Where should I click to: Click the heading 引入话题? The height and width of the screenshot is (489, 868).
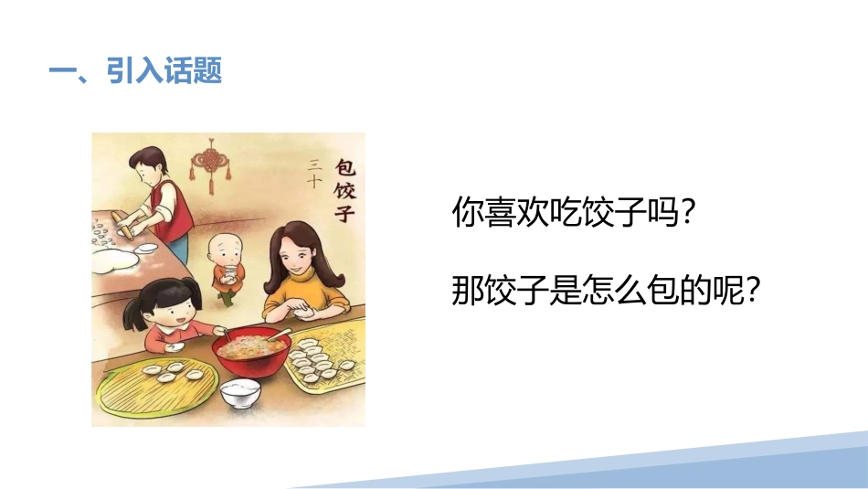click(x=164, y=71)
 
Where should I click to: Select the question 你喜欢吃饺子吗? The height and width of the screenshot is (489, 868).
click(x=574, y=211)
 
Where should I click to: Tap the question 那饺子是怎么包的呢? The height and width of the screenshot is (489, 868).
click(x=606, y=289)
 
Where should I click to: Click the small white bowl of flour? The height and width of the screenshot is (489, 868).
click(x=240, y=394)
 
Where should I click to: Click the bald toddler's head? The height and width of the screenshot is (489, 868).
click(x=225, y=250)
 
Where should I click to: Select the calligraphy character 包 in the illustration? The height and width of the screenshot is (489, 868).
click(x=345, y=165)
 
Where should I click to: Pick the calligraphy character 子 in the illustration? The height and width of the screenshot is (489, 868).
click(x=344, y=212)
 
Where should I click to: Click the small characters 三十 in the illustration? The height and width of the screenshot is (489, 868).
click(x=314, y=173)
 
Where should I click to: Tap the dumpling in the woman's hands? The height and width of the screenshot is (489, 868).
click(x=302, y=313)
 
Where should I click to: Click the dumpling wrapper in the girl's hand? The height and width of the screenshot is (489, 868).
click(x=175, y=347)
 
